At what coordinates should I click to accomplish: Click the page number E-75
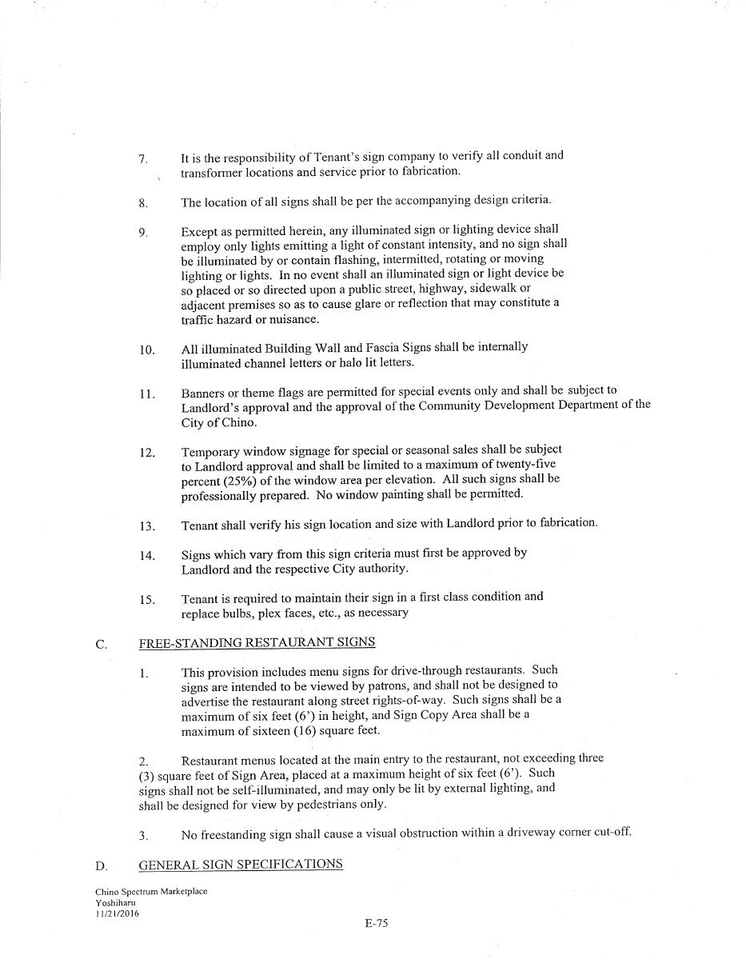(x=376, y=923)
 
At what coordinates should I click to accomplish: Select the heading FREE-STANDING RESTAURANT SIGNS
(x=257, y=643)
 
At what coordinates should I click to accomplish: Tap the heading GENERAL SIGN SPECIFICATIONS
(x=241, y=865)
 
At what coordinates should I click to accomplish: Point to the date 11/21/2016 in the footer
(x=117, y=913)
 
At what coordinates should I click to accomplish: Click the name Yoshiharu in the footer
(x=115, y=902)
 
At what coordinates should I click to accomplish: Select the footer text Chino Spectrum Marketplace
(x=151, y=891)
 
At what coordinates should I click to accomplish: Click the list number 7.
(x=143, y=159)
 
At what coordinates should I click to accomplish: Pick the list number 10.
(x=147, y=350)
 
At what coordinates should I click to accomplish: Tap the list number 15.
(x=147, y=600)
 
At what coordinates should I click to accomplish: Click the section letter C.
(x=102, y=645)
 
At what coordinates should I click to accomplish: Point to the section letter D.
(x=102, y=866)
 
